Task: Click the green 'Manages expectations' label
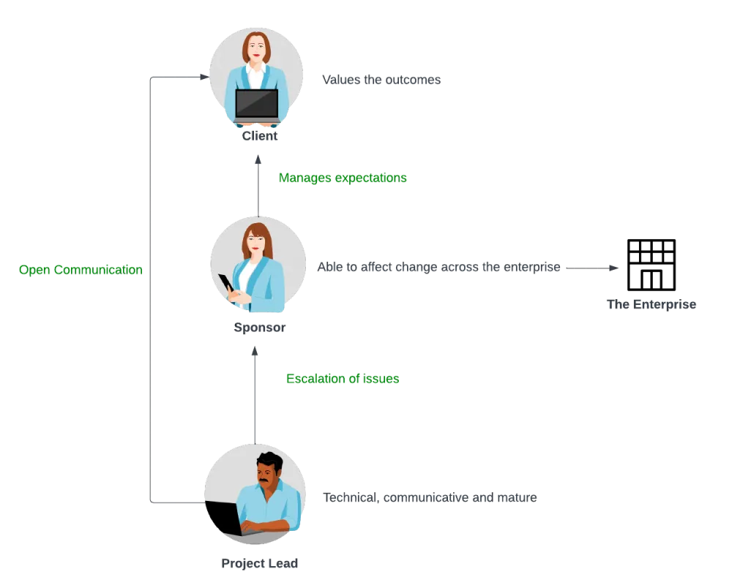point(342,178)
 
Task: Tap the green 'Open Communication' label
point(81,270)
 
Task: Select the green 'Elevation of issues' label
point(342,380)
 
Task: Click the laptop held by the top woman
point(256,105)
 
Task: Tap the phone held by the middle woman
point(225,282)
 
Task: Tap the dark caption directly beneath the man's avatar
point(257,565)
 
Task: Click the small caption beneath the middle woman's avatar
point(257,328)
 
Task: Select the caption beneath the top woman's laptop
point(260,138)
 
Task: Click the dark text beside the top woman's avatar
point(383,80)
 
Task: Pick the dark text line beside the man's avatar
point(430,498)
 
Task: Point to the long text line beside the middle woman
point(439,269)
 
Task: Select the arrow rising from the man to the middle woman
point(254,395)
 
